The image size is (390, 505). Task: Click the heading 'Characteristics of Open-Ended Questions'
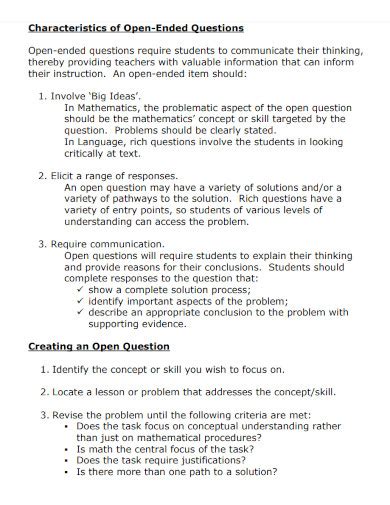(135, 28)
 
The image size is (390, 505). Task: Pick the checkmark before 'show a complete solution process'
(80, 289)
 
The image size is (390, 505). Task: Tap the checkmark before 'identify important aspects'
(80, 300)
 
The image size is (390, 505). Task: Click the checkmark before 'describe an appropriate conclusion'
(80, 312)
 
